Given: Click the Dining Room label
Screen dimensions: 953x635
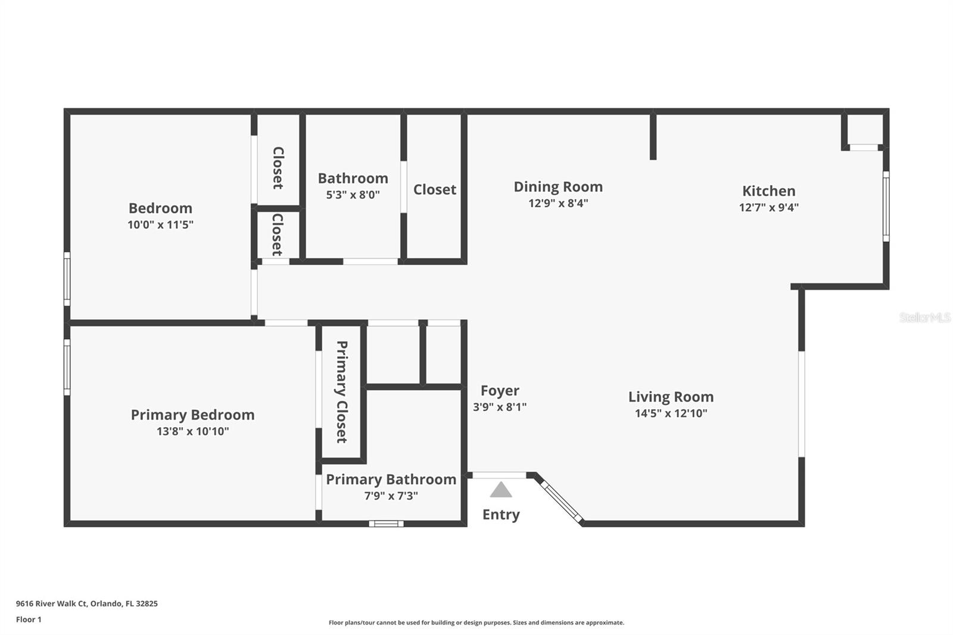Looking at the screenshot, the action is click(558, 187).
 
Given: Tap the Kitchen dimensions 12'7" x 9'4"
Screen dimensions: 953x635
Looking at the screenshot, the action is click(769, 207).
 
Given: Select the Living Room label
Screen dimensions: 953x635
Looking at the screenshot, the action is click(671, 397).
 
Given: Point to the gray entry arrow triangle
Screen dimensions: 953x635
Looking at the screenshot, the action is click(501, 490).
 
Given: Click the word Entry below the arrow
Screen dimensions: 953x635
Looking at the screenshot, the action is click(501, 515).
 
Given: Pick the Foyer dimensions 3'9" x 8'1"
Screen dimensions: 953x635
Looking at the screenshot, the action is click(500, 407).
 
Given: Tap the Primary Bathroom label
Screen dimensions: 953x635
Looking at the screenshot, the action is click(391, 480).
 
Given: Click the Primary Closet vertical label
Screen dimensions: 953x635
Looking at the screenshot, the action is click(342, 391).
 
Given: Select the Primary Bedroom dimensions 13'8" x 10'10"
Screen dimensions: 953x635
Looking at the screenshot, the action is click(193, 431).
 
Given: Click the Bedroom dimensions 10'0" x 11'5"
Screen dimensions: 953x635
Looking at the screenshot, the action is click(160, 225).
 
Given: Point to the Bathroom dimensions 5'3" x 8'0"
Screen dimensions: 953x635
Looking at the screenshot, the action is click(353, 195).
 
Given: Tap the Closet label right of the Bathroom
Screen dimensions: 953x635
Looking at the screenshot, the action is click(434, 189).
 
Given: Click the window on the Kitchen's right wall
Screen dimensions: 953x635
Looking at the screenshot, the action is click(886, 207).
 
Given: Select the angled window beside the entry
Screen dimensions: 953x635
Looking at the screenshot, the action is click(562, 503).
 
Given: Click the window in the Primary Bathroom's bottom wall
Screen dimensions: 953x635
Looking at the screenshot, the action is click(387, 524).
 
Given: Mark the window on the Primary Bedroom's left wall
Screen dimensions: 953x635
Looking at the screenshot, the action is click(67, 368).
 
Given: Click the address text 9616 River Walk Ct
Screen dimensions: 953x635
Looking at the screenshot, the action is click(51, 603).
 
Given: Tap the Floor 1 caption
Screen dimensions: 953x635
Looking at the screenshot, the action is click(29, 620).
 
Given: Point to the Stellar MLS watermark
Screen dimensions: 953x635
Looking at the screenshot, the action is click(925, 317).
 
